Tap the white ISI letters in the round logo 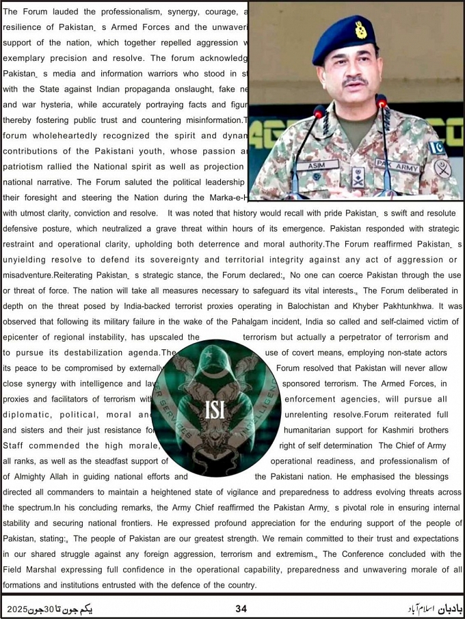tap(215, 409)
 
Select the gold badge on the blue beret tap(360, 30)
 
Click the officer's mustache tap(355, 82)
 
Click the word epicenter tap(25, 337)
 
